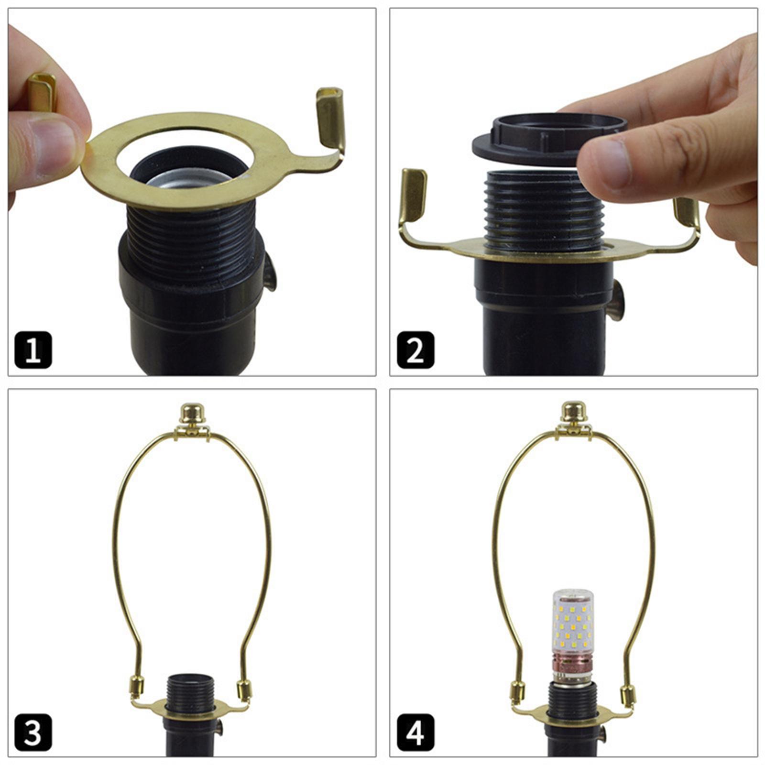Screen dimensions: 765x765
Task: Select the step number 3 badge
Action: click(x=33, y=732)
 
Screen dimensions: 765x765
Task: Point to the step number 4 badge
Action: click(x=415, y=732)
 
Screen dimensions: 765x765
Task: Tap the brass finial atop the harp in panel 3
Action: click(x=192, y=413)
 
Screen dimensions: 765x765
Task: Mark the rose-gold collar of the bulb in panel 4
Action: click(x=573, y=665)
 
